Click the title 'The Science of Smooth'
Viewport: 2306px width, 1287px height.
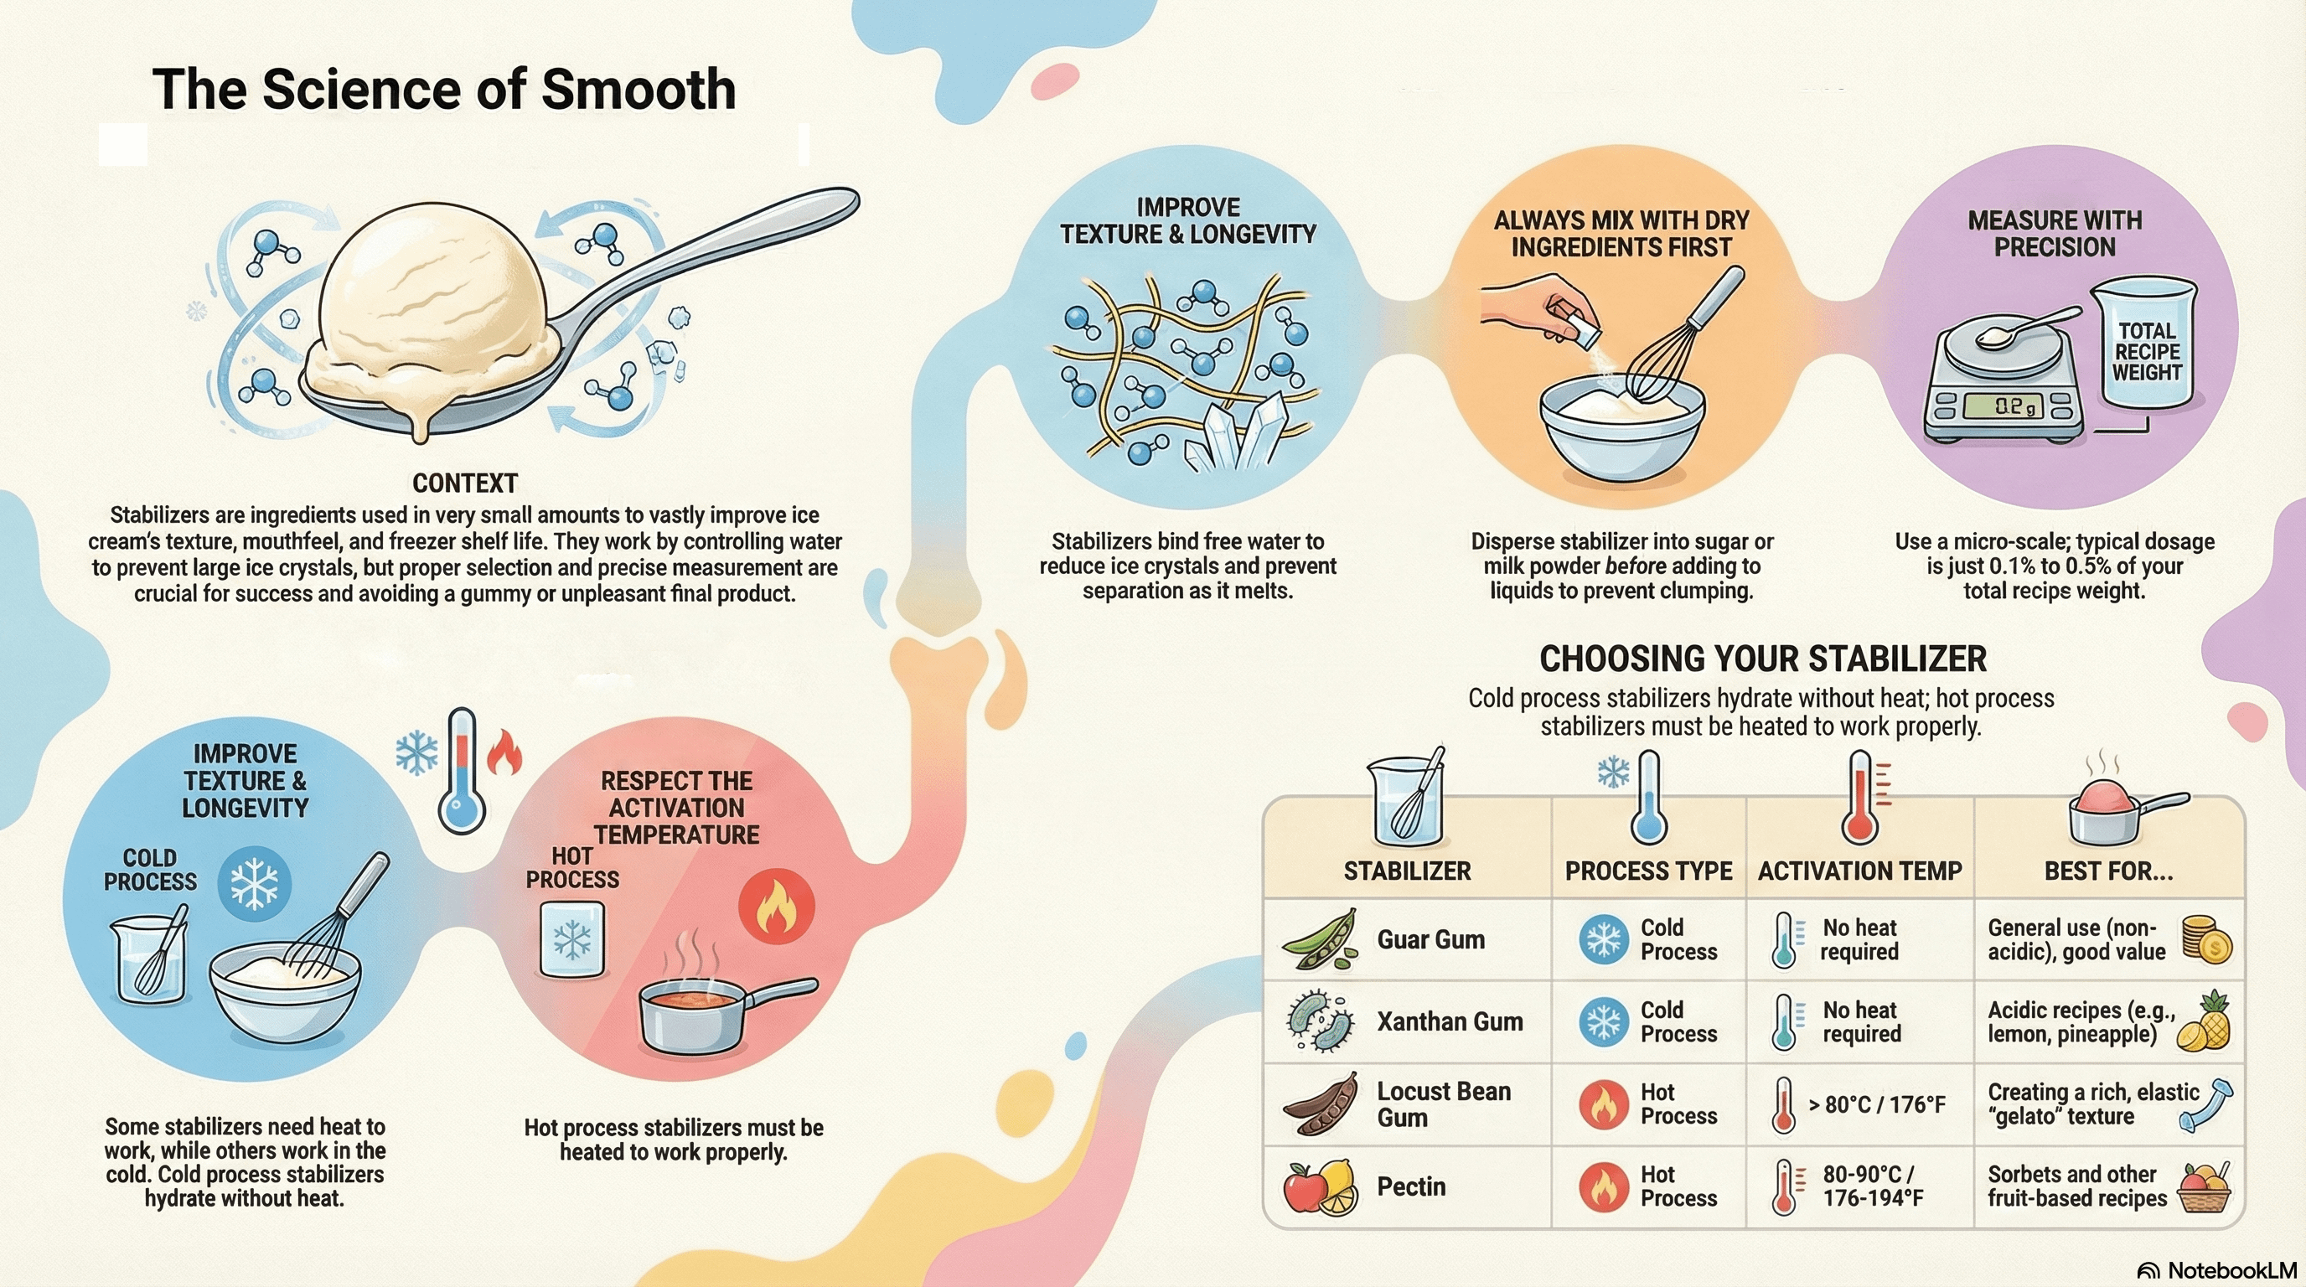[x=444, y=90]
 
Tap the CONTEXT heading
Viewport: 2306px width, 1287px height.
[x=464, y=483]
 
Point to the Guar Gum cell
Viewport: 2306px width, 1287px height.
[x=1430, y=940]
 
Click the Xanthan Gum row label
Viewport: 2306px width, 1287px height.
[x=1450, y=1022]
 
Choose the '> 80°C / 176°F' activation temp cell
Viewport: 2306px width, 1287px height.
[x=1876, y=1104]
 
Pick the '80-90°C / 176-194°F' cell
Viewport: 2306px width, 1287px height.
[x=1873, y=1186]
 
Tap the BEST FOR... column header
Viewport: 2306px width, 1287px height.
[x=2108, y=871]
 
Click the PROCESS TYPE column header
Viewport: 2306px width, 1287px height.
[x=1648, y=871]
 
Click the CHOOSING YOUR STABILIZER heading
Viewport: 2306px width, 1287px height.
[x=1763, y=659]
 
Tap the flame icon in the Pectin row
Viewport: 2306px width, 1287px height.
[x=1603, y=1186]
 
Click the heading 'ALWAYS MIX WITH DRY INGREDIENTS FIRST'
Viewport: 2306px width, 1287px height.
[x=1621, y=234]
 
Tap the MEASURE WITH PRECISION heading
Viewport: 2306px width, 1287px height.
[x=2055, y=234]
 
